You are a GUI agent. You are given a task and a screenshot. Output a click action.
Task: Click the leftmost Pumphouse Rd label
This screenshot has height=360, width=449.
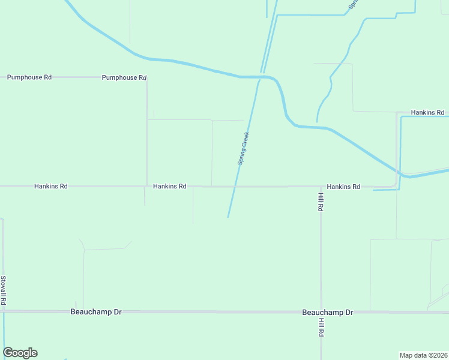tap(29, 77)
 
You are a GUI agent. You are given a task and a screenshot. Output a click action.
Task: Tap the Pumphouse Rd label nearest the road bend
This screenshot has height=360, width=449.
tap(124, 78)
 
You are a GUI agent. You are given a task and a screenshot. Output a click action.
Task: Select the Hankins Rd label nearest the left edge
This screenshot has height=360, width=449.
tap(51, 187)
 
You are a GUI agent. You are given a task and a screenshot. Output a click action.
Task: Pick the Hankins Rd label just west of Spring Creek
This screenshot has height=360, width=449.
tap(169, 187)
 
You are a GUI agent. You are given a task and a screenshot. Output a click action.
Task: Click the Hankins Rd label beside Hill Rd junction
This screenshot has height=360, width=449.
tap(343, 187)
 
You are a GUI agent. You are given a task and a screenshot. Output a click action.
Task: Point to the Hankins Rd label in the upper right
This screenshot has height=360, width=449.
tap(427, 113)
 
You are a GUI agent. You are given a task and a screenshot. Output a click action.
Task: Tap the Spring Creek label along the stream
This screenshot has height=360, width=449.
tap(243, 149)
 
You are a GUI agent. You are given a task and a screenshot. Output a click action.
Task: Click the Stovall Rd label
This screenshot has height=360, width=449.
tap(4, 290)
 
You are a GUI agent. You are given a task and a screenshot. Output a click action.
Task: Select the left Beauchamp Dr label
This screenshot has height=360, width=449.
tap(96, 312)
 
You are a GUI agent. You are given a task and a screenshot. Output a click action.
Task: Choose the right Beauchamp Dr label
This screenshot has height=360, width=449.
tap(328, 313)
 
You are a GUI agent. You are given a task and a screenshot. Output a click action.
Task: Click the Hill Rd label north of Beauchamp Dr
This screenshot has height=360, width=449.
tap(321, 201)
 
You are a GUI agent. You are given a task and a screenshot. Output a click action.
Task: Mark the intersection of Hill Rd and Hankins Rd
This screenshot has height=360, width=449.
tap(321, 187)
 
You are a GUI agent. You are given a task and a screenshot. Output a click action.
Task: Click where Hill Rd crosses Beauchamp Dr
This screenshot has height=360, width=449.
tap(321, 312)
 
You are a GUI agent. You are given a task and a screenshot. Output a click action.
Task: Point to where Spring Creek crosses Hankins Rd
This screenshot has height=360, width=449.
tap(235, 187)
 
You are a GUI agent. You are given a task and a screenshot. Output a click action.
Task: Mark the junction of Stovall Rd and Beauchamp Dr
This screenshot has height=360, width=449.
tap(4, 311)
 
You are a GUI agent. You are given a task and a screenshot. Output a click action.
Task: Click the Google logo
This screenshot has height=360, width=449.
tap(20, 353)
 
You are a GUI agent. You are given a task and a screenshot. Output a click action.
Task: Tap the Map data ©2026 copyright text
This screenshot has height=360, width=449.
tap(423, 355)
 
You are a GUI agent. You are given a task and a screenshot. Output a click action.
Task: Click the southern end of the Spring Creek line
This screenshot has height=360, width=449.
tap(228, 217)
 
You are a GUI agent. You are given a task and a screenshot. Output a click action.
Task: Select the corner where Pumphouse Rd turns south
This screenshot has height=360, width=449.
tap(147, 78)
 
